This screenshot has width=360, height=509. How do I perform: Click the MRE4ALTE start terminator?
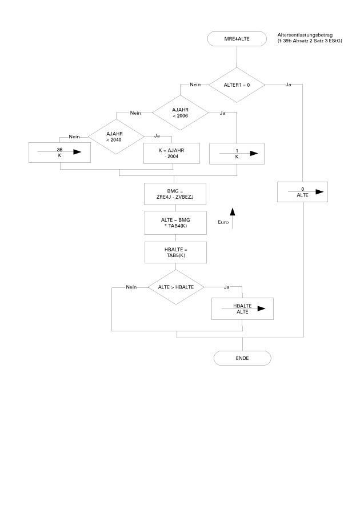[237, 39]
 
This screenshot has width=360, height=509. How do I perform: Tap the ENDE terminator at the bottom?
[242, 358]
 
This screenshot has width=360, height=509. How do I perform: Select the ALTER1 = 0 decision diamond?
[236, 85]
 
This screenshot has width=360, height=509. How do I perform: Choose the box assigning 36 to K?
[60, 153]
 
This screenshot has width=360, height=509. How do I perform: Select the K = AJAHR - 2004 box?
[172, 153]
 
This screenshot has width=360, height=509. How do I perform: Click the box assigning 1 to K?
[237, 153]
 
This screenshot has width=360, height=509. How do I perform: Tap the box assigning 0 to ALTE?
[302, 192]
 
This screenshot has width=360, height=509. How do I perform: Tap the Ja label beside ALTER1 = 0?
[288, 85]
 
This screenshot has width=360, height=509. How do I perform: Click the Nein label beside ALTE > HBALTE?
[131, 287]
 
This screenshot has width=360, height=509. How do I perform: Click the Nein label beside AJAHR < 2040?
[74, 137]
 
